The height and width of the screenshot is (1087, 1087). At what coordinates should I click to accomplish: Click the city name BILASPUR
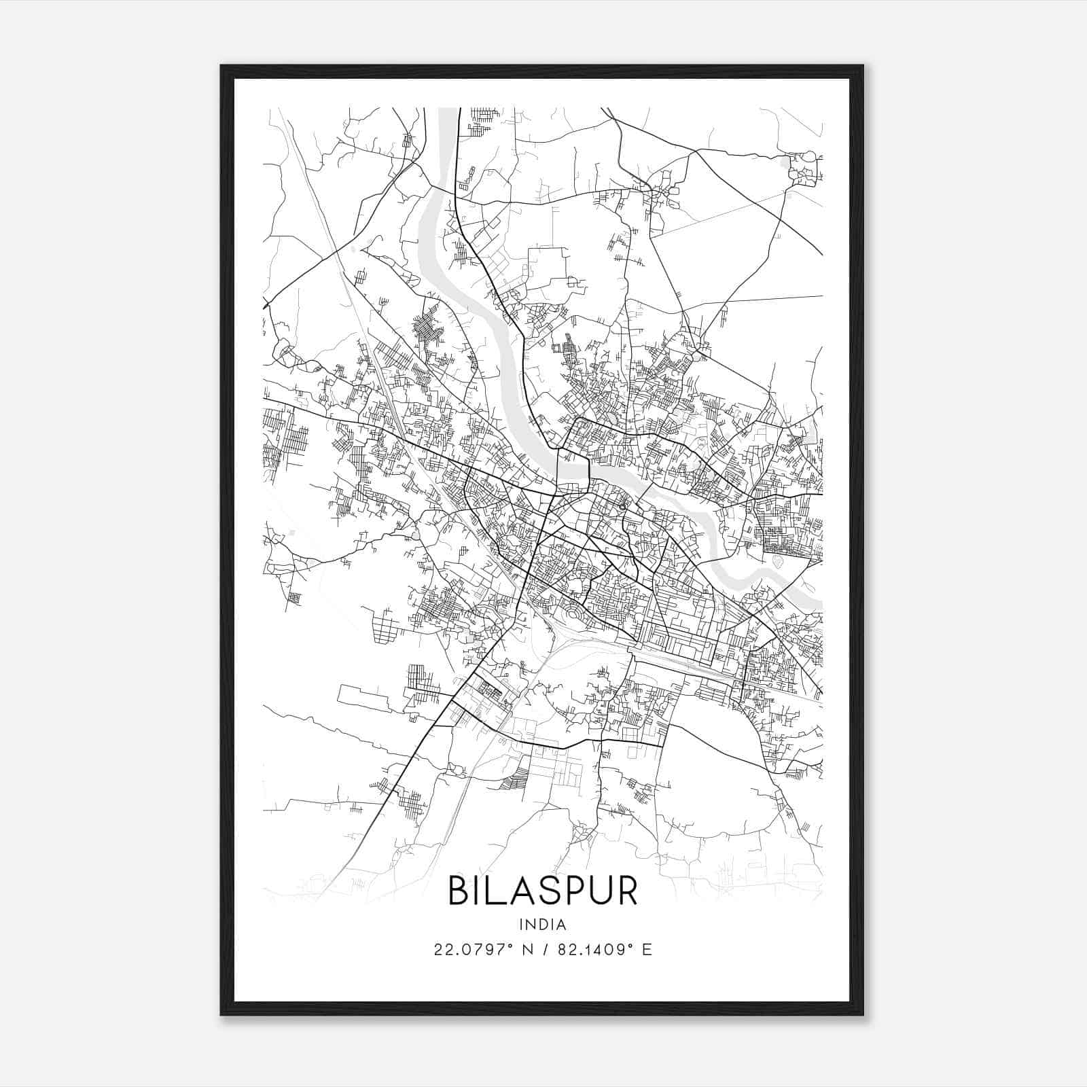[543, 891]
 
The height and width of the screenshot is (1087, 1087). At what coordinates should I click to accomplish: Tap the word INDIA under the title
[543, 925]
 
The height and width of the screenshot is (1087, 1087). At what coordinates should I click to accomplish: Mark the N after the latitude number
[525, 950]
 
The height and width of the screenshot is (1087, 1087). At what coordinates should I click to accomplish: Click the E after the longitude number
[646, 950]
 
